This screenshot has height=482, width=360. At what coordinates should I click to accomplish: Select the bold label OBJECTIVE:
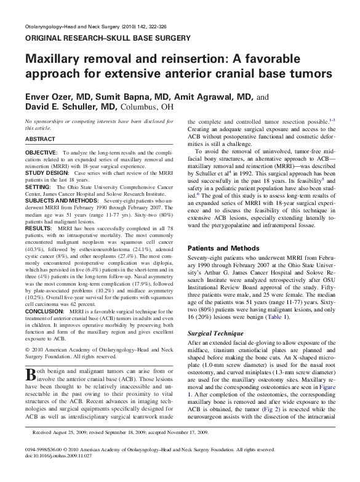42,151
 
